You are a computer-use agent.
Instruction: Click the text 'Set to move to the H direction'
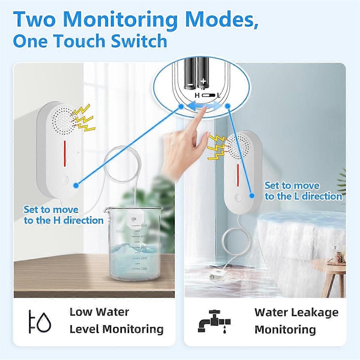(x=64, y=215)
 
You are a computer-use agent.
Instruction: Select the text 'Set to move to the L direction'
(x=303, y=191)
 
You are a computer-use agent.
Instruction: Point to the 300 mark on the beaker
(x=144, y=247)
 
